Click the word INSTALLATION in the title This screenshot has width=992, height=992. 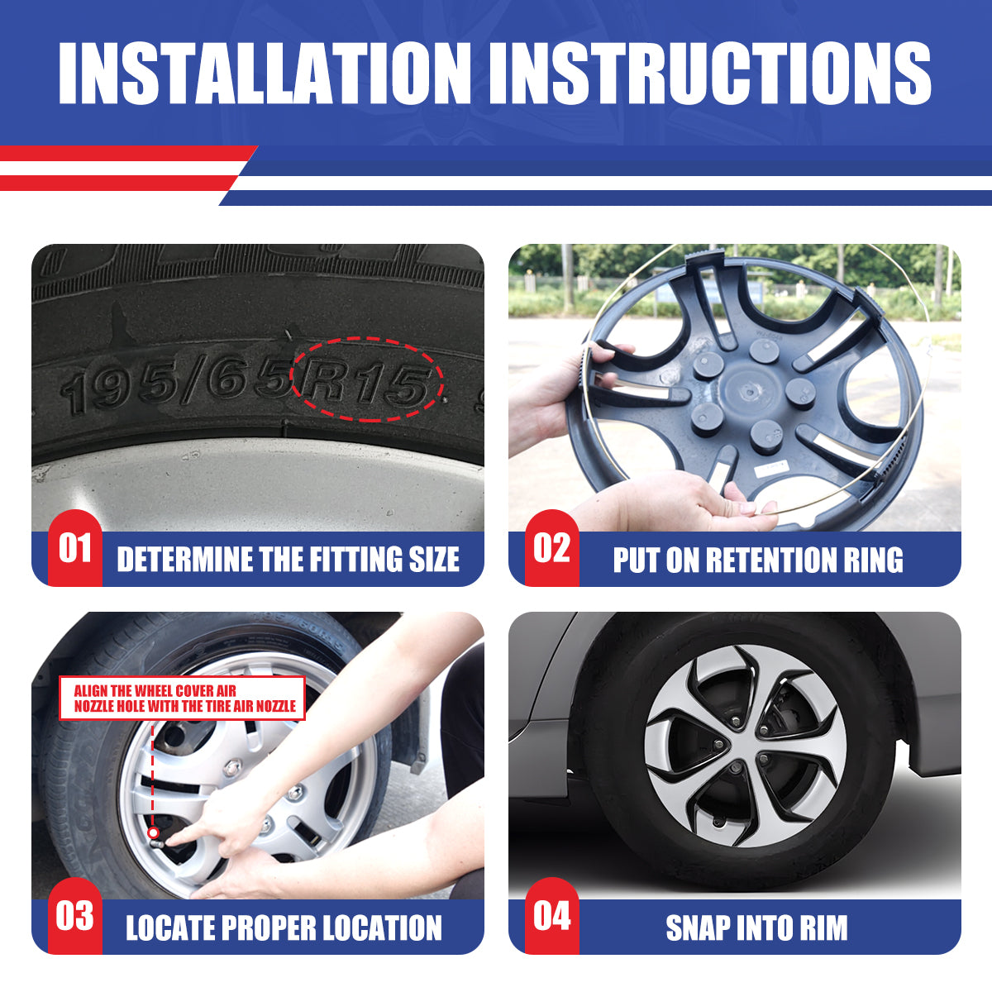coord(265,73)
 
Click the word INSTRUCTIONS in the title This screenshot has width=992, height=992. coord(710,73)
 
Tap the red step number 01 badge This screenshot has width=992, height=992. coord(75,548)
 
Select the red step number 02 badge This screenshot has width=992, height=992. coord(552,548)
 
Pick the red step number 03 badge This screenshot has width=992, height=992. coord(75,916)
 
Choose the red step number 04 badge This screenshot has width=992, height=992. coord(552,916)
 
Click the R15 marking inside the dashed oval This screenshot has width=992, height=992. coord(366,384)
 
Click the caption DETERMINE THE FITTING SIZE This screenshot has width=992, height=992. coord(289,560)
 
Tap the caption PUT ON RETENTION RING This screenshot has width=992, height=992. coord(758,560)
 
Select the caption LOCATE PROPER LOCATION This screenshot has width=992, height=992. coord(284,928)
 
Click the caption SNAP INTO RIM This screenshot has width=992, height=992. coord(756,928)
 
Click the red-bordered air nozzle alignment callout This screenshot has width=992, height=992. coord(182,698)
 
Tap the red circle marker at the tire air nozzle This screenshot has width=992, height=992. coord(153,833)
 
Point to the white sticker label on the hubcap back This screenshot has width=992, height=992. coord(771,467)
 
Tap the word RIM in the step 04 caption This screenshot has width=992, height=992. coord(823,928)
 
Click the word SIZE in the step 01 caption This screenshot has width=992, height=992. coord(434,560)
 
